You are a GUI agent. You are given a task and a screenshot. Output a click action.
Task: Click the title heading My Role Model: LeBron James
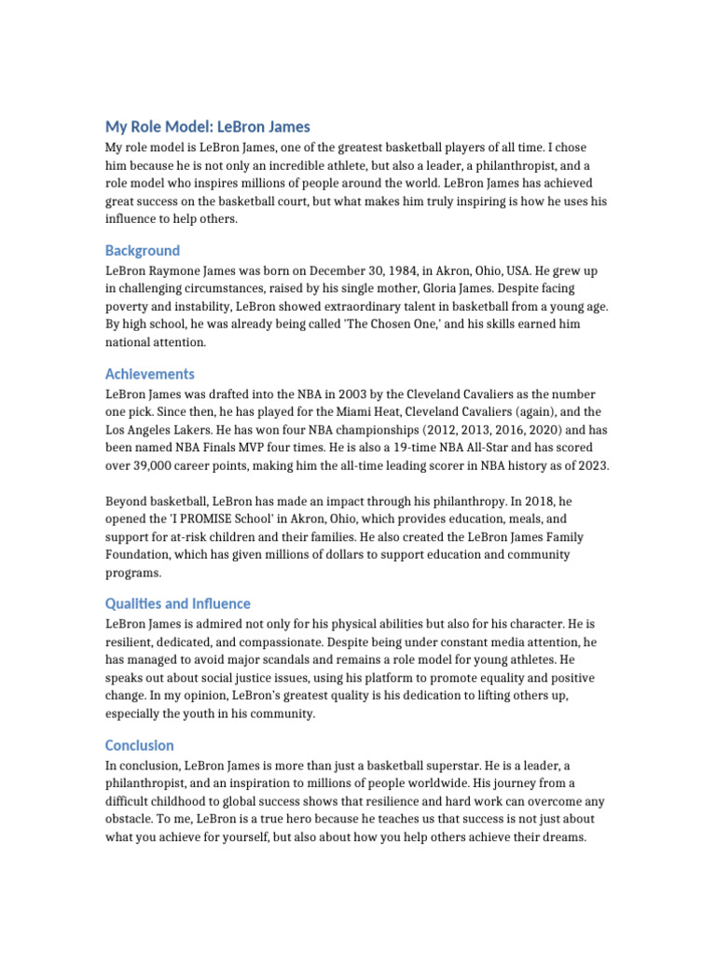click(208, 126)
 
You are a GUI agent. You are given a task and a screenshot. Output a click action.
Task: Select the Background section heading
click(142, 250)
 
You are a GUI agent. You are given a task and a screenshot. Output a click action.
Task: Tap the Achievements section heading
click(149, 374)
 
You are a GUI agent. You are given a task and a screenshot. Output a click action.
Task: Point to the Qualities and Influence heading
click(178, 603)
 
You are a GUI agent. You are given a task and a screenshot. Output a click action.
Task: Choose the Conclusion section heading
click(139, 745)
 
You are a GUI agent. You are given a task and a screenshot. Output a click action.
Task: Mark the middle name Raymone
click(189, 270)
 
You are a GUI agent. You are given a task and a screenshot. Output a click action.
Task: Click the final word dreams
click(562, 837)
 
